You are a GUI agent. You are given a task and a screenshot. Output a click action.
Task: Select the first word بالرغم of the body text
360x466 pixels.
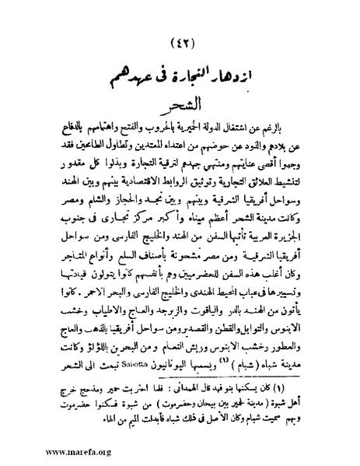click(299, 125)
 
